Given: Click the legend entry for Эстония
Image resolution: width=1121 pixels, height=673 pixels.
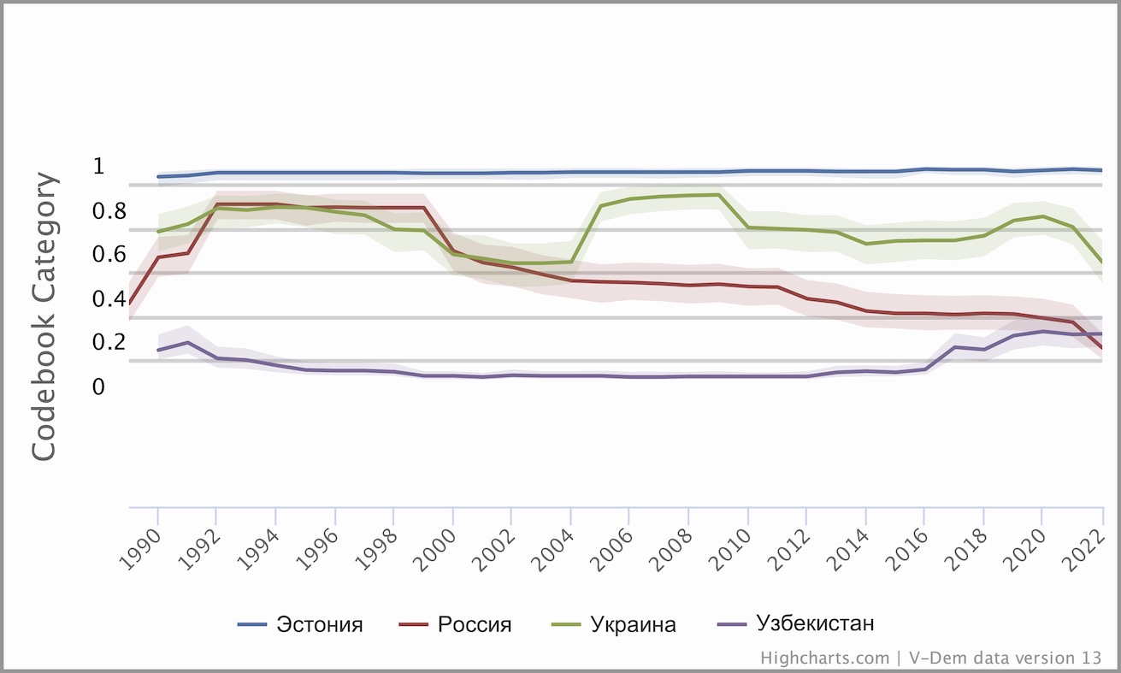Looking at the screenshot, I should (319, 624).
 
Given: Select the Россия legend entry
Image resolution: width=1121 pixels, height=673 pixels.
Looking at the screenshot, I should (475, 624).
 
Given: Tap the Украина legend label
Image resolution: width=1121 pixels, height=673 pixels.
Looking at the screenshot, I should (633, 624).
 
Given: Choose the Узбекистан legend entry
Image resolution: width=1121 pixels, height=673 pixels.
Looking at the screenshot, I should (815, 623).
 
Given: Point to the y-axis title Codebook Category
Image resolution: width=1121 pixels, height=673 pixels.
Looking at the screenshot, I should (44, 317).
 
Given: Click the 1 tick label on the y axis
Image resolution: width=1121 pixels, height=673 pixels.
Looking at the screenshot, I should (98, 166).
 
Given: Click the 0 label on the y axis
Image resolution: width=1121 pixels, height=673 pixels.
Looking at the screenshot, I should (98, 387).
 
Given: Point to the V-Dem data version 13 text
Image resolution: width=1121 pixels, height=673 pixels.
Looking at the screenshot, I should (1004, 658).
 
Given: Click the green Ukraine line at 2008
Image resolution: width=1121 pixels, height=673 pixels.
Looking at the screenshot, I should (688, 195).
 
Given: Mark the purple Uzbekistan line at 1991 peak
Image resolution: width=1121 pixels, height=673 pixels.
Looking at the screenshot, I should (187, 343).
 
